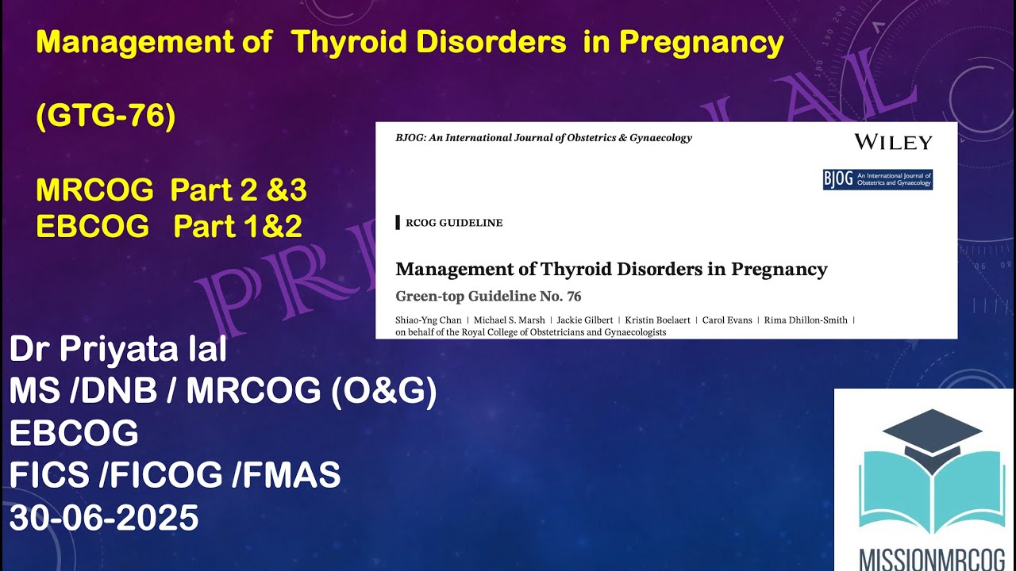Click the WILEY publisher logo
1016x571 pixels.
click(x=893, y=143)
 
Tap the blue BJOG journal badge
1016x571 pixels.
click(x=877, y=179)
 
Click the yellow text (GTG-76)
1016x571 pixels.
click(x=106, y=117)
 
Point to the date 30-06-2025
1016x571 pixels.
click(x=104, y=518)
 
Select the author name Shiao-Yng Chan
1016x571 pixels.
click(x=429, y=320)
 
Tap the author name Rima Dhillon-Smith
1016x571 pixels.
click(x=806, y=320)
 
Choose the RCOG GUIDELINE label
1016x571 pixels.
click(x=453, y=223)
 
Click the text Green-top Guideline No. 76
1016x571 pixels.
click(x=488, y=297)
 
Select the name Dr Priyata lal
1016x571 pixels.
click(x=118, y=350)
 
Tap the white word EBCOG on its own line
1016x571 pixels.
click(x=74, y=433)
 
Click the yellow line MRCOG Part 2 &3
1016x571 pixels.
click(x=171, y=190)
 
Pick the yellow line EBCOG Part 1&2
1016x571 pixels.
click(x=169, y=227)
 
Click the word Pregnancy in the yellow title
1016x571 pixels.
click(x=701, y=43)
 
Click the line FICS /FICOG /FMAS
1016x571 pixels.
click(x=175, y=476)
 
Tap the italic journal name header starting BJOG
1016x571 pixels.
click(x=544, y=138)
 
